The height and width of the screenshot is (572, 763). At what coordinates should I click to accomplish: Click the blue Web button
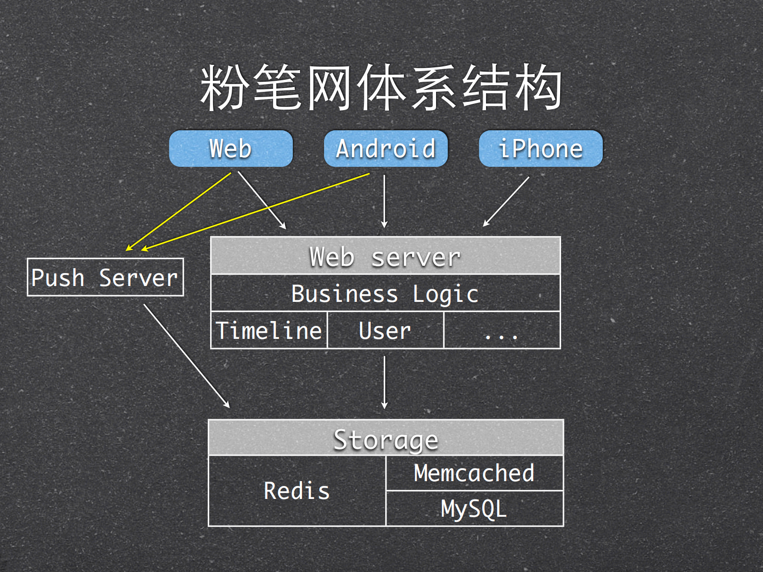pyautogui.click(x=231, y=149)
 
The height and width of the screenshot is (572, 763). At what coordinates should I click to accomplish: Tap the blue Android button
pyautogui.click(x=386, y=149)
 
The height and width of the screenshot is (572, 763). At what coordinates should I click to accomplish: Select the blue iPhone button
pyautogui.click(x=540, y=149)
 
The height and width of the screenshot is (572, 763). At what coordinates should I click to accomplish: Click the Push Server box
pyautogui.click(x=105, y=277)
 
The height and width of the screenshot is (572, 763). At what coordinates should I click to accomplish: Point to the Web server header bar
pyautogui.click(x=385, y=256)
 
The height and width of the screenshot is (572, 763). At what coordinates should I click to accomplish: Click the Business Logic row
pyautogui.click(x=385, y=293)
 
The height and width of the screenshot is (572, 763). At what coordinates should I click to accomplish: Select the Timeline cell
pyautogui.click(x=269, y=331)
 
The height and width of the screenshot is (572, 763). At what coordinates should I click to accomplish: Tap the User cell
pyautogui.click(x=385, y=331)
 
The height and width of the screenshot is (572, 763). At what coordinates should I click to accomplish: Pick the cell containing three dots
pyautogui.click(x=501, y=331)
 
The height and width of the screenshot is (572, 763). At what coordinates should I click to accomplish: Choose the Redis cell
pyautogui.click(x=297, y=491)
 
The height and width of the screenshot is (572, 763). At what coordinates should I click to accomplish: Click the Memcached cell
pyautogui.click(x=474, y=473)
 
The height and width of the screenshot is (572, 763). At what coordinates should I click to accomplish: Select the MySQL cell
pyautogui.click(x=474, y=509)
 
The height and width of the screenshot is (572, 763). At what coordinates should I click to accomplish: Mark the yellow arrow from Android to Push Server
pyautogui.click(x=255, y=212)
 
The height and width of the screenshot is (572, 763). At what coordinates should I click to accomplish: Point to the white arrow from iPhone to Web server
pyautogui.click(x=506, y=201)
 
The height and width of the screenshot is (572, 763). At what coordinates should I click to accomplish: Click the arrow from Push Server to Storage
pyautogui.click(x=187, y=356)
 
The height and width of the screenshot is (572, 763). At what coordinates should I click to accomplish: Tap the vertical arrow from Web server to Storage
pyautogui.click(x=384, y=382)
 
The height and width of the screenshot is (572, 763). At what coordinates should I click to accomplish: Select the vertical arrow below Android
pyautogui.click(x=384, y=201)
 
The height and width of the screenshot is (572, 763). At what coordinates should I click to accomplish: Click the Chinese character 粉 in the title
pyautogui.click(x=224, y=88)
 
